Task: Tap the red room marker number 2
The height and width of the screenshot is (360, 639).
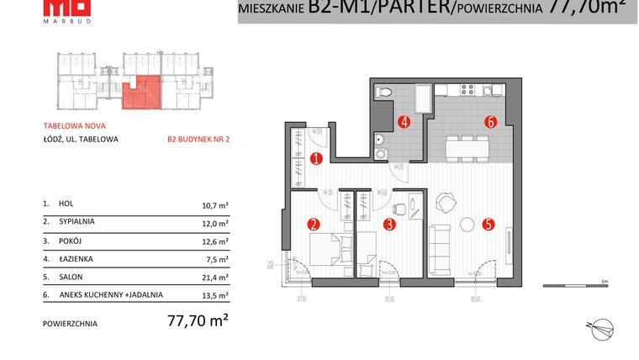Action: pos(313,224)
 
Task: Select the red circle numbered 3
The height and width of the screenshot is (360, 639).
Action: pos(388,224)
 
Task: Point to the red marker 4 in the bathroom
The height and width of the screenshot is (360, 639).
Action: pos(404,121)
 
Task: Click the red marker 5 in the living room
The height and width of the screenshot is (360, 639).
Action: pos(488,224)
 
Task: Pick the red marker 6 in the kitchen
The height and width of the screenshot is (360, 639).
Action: pos(489,121)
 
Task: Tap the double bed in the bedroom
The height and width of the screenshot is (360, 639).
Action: pos(329,251)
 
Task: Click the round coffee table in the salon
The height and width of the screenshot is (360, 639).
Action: pos(466,225)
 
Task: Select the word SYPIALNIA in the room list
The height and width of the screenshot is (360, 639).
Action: pos(77,222)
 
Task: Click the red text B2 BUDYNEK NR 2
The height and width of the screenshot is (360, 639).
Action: pos(198,140)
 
